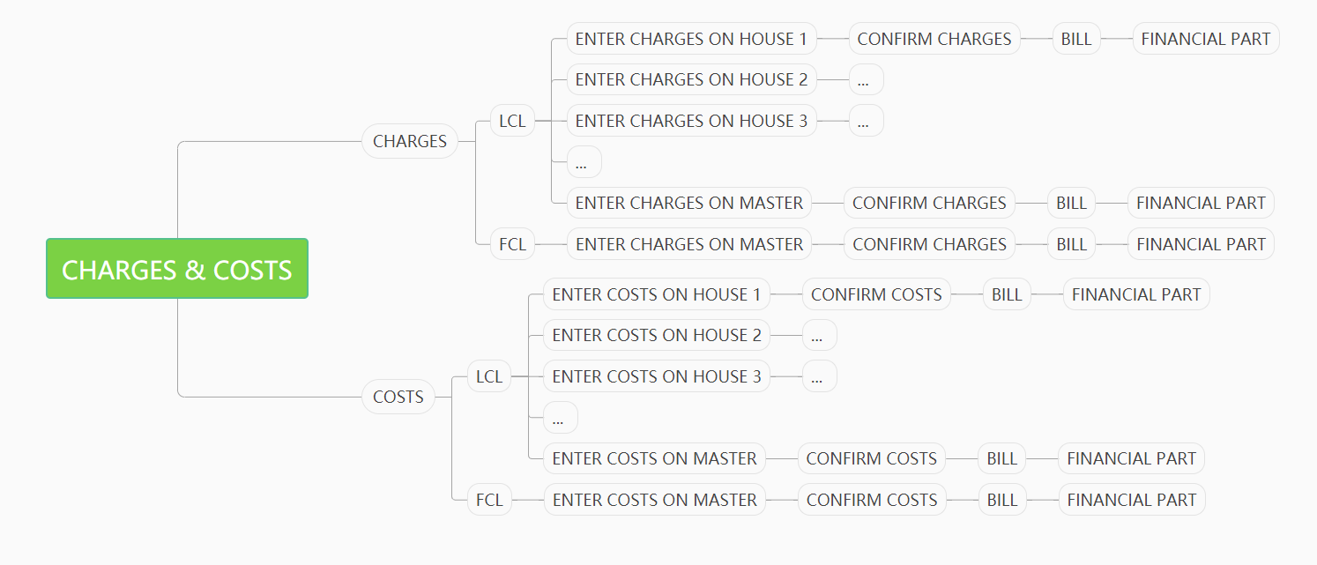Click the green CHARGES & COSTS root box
pyautogui.click(x=177, y=268)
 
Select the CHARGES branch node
pyautogui.click(x=410, y=141)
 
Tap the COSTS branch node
pyautogui.click(x=398, y=397)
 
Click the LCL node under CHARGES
pyautogui.click(x=512, y=121)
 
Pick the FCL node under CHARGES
pyautogui.click(x=512, y=244)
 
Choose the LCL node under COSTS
pyautogui.click(x=489, y=376)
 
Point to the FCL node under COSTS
pyautogui.click(x=489, y=500)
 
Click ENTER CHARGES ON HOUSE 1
pyautogui.click(x=691, y=39)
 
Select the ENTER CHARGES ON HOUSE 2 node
pyautogui.click(x=691, y=79)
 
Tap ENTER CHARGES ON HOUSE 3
pyautogui.click(x=691, y=121)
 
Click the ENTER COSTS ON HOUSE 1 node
pyautogui.click(x=657, y=294)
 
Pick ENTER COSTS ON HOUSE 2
pyautogui.click(x=657, y=335)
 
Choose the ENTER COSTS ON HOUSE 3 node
pyautogui.click(x=657, y=376)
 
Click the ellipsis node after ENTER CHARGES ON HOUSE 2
pyautogui.click(x=866, y=79)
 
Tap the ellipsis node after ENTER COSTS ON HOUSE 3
pyautogui.click(x=820, y=376)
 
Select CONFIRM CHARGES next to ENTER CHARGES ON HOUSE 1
pyautogui.click(x=934, y=39)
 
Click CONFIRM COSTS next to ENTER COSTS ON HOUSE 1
pyautogui.click(x=876, y=294)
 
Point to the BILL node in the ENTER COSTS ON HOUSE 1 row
pyautogui.click(x=1007, y=294)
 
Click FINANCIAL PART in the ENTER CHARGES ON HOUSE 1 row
pyautogui.click(x=1206, y=39)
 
